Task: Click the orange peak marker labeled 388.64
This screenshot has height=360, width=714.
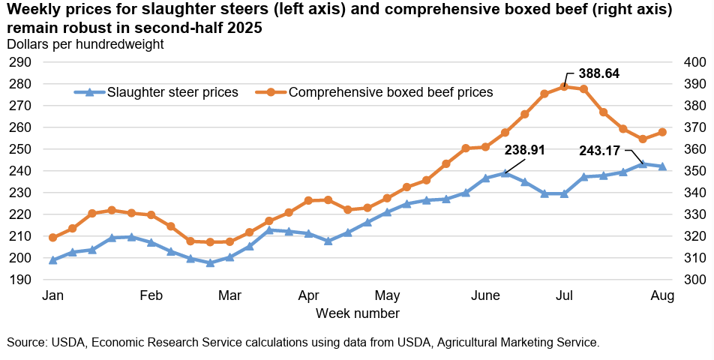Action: pos(564,86)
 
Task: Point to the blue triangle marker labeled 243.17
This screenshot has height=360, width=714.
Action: pos(642,163)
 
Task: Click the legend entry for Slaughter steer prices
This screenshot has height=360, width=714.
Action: pos(172,92)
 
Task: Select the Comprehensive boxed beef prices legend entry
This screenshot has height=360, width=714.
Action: pos(391,92)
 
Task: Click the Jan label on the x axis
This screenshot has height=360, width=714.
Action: pos(52,295)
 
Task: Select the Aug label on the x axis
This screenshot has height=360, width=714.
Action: pos(662,295)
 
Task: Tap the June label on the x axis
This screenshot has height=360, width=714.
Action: pos(486,295)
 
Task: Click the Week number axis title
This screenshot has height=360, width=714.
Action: pos(357,313)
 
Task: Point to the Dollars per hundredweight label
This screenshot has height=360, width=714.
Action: pos(85,44)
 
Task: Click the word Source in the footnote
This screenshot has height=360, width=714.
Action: pos(26,342)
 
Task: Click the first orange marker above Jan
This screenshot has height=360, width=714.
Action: pos(52,238)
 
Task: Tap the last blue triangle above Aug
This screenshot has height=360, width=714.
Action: pos(662,166)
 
